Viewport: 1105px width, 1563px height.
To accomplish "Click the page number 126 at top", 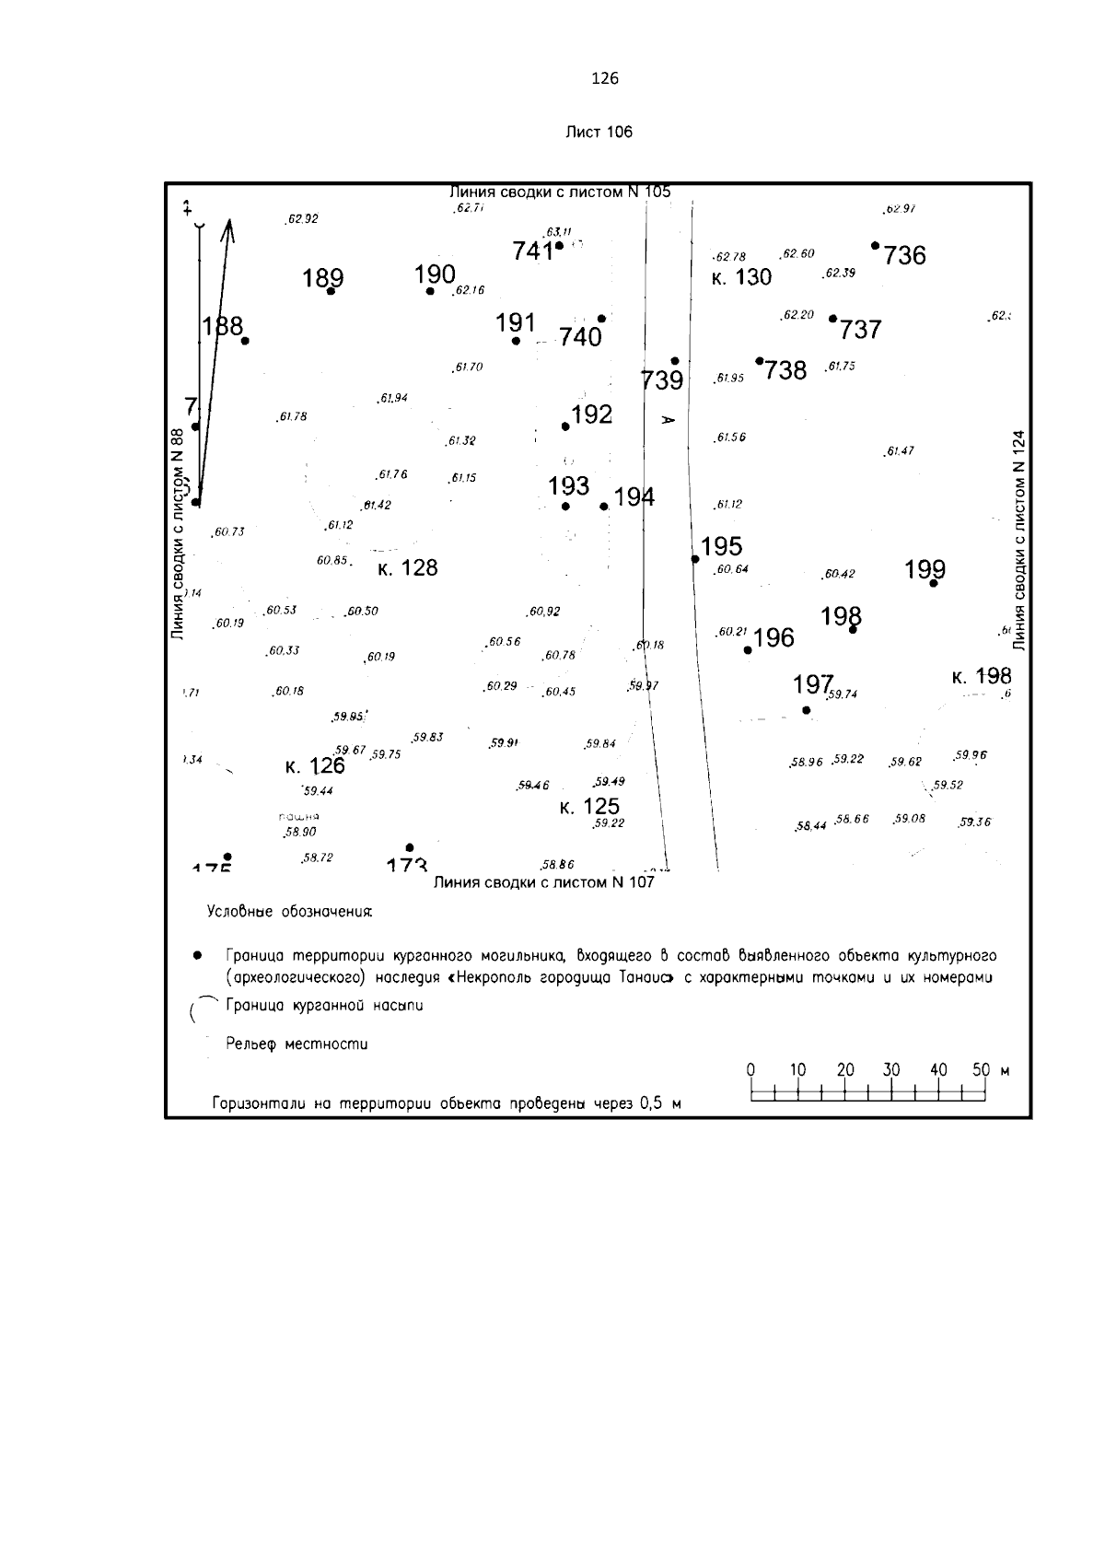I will click(604, 78).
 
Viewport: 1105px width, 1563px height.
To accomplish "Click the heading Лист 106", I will click(599, 132).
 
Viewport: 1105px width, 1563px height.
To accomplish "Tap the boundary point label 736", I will click(904, 255).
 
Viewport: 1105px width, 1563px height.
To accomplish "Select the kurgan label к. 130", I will click(741, 277).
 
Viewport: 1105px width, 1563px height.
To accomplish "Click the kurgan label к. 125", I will click(589, 808).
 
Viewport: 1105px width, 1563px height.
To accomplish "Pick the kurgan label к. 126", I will click(315, 765).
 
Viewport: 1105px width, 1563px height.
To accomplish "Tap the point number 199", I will click(925, 569).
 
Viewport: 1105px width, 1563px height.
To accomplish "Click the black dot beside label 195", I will click(695, 559).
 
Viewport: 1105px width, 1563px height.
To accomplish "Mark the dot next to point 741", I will click(559, 246).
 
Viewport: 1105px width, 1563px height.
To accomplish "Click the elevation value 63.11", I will click(559, 231).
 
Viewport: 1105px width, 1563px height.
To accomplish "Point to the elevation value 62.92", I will click(303, 219).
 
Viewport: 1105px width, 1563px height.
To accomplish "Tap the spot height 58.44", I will click(810, 826).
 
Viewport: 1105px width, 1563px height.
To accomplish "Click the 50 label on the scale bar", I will click(981, 1070).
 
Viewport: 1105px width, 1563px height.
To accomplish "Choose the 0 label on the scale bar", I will click(750, 1070).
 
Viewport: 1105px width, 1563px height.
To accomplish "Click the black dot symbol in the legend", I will click(196, 956).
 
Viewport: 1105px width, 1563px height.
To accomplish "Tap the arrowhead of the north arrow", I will click(228, 227).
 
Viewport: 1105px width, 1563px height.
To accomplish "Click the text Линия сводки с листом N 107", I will click(543, 881).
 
